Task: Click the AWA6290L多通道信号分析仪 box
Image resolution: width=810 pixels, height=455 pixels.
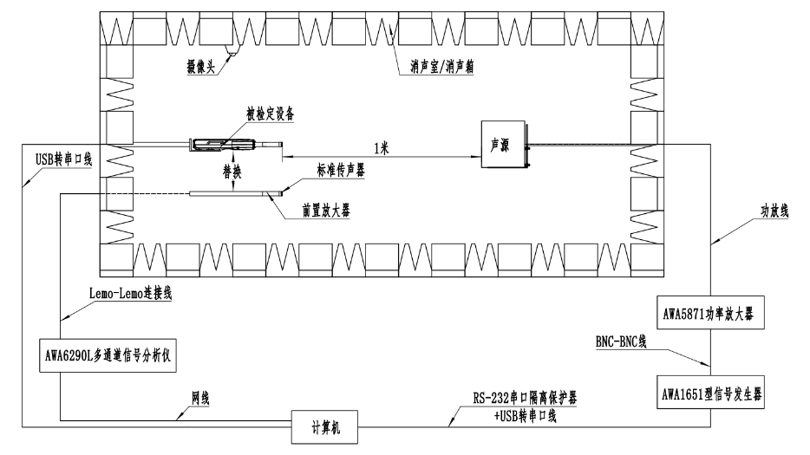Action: [x=107, y=355]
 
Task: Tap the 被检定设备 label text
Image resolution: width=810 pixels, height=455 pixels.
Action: [x=269, y=114]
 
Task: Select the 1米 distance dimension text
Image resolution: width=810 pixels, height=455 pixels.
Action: [x=379, y=147]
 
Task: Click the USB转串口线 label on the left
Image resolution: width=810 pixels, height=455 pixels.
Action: [x=62, y=159]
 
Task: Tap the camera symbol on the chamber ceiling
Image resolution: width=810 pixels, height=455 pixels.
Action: [x=232, y=51]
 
